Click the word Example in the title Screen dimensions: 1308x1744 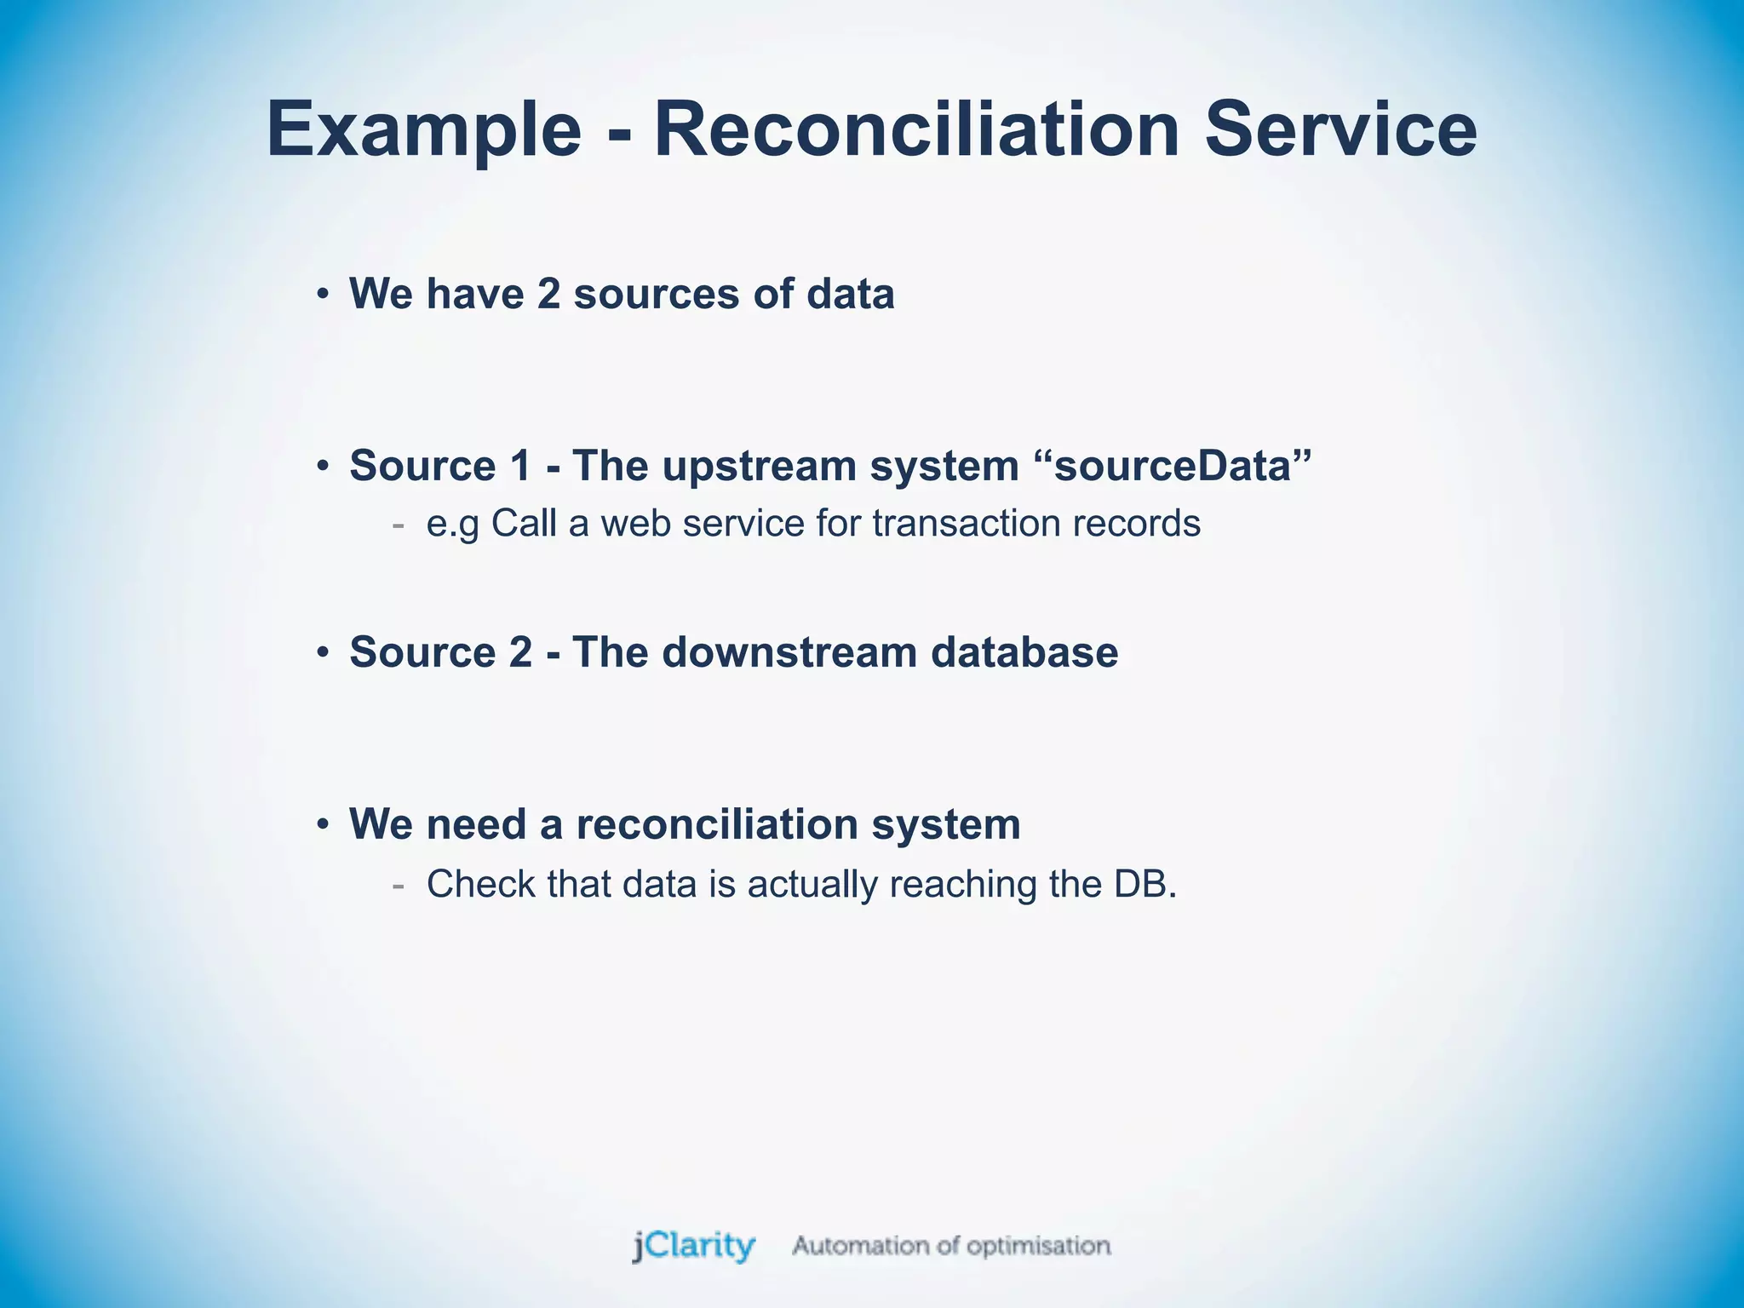[x=423, y=130]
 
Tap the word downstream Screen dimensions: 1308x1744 [x=789, y=652]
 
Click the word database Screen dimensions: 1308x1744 [x=1024, y=652]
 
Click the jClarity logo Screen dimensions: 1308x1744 [x=693, y=1246]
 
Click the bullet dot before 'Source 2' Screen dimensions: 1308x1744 [x=322, y=653]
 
